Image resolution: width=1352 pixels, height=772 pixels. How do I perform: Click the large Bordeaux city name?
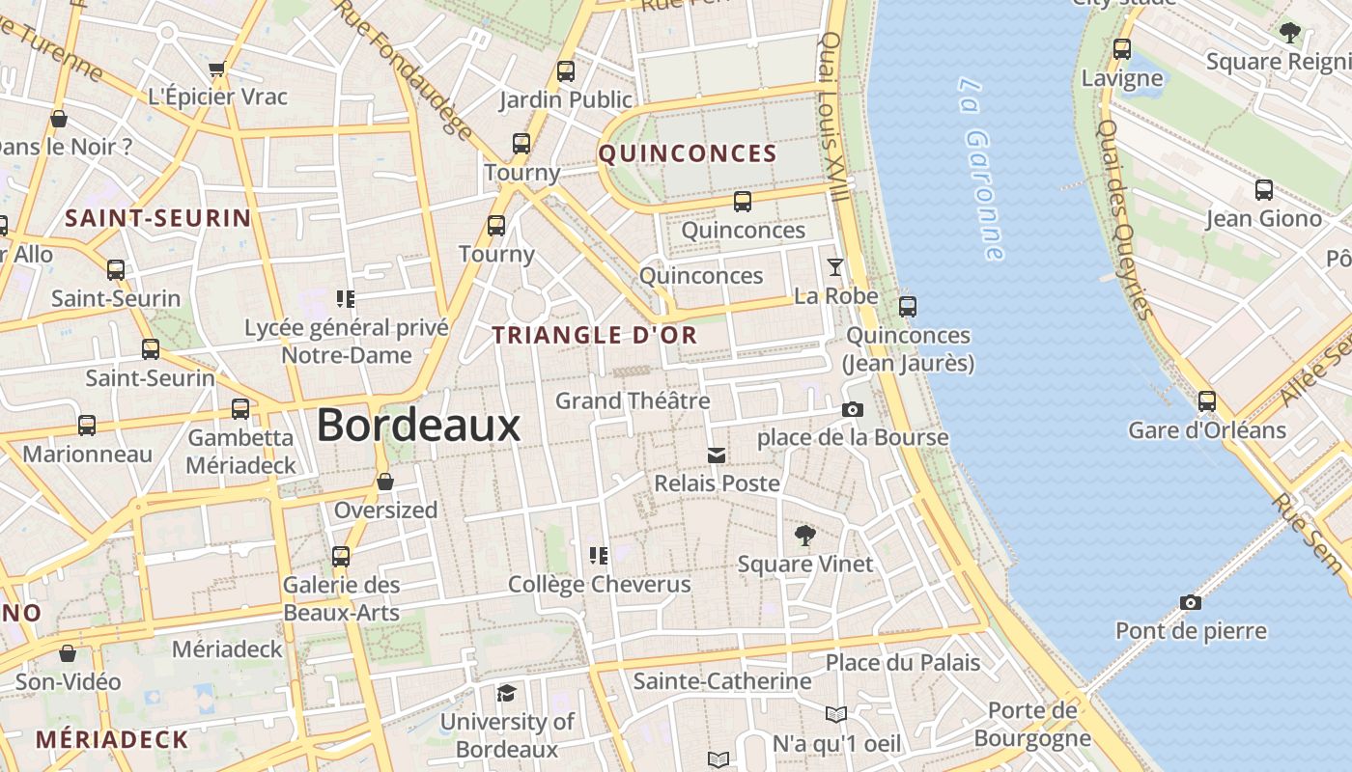tap(418, 426)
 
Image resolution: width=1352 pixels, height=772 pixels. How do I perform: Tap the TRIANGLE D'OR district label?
tap(595, 336)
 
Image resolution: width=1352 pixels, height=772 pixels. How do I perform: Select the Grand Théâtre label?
tap(633, 400)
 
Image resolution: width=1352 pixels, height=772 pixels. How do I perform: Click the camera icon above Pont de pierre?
tap(1191, 603)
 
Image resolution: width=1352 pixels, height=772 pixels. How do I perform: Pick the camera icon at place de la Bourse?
tap(852, 410)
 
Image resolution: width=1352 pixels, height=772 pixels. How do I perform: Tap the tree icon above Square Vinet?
tap(804, 536)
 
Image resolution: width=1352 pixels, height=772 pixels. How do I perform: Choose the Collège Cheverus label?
tap(600, 584)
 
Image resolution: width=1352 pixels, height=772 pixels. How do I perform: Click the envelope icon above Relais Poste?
tap(717, 455)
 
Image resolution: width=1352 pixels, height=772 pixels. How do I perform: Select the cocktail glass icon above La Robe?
tap(835, 267)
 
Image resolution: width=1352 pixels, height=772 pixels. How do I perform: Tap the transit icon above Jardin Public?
tap(566, 71)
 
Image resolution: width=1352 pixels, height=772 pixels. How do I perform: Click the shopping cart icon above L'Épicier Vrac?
tap(217, 69)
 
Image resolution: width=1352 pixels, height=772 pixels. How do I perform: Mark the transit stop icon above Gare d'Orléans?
tap(1207, 401)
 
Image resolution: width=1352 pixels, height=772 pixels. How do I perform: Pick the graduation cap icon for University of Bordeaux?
tap(506, 694)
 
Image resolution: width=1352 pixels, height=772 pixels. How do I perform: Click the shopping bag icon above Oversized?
tap(385, 482)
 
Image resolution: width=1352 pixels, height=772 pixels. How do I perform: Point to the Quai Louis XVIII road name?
tap(834, 116)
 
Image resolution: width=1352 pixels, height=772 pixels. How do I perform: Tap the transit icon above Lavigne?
tap(1122, 49)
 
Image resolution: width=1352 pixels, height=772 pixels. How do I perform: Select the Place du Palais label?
tap(903, 663)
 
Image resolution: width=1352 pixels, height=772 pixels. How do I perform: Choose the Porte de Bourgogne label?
tap(1032, 725)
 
